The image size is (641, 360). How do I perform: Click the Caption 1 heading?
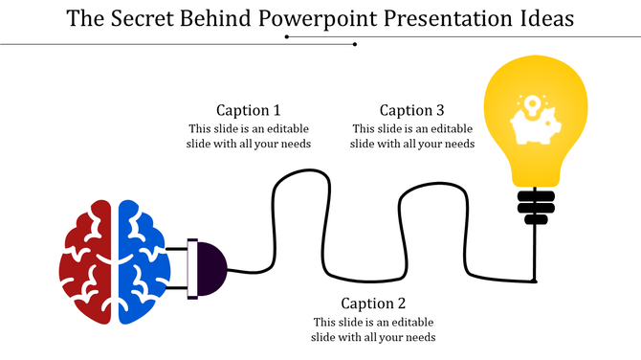click(x=249, y=110)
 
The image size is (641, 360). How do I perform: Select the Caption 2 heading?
click(x=373, y=304)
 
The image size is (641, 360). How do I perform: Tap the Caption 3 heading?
click(x=412, y=110)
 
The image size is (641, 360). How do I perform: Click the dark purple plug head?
click(x=211, y=267)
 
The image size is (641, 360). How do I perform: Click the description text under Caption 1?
click(x=249, y=137)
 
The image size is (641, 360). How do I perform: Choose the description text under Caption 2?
click(x=373, y=329)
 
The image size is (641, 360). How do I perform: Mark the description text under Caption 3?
click(x=412, y=137)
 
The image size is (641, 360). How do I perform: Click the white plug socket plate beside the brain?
click(x=192, y=267)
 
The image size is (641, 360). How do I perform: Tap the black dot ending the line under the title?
click(x=355, y=44)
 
